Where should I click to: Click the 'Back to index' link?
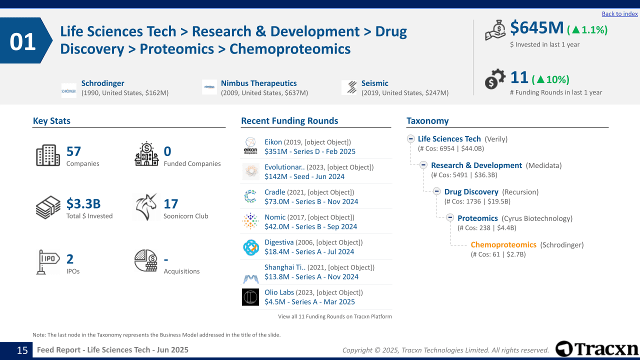(x=619, y=14)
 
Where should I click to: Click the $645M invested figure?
(x=536, y=28)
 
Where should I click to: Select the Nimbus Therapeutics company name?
(x=258, y=83)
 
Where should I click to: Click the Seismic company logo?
(x=349, y=87)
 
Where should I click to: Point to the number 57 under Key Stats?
(x=73, y=151)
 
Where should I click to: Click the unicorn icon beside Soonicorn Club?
(x=145, y=207)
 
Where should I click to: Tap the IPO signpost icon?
(x=48, y=261)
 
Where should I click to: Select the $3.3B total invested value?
(x=83, y=204)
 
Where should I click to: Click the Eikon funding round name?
(x=273, y=142)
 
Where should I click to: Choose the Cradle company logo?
(x=250, y=196)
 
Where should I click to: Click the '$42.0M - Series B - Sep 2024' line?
(x=310, y=226)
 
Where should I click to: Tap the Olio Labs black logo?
(x=250, y=297)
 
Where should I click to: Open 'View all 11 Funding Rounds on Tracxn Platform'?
(x=335, y=316)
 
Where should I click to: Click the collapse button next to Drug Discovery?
(x=436, y=191)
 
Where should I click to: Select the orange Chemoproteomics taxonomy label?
(x=503, y=244)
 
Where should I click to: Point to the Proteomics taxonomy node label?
(x=477, y=218)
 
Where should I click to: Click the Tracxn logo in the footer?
(x=596, y=349)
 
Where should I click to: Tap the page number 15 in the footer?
(x=22, y=350)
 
